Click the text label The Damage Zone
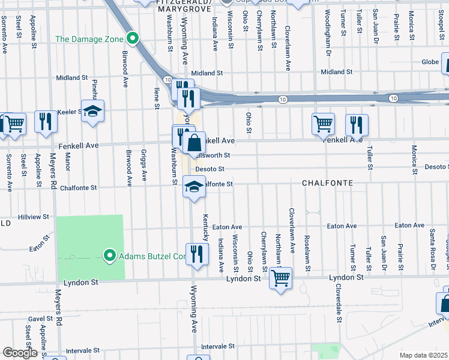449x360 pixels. tap(89, 39)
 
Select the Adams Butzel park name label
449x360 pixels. tap(153, 256)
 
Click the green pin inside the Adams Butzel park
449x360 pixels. tap(110, 256)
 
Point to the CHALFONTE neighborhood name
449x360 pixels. tap(327, 182)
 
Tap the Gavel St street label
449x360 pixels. tap(40, 319)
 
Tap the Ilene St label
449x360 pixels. tap(157, 97)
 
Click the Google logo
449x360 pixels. tap(20, 353)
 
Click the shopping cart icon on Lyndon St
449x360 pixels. tap(280, 278)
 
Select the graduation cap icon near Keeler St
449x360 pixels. tap(92, 112)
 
